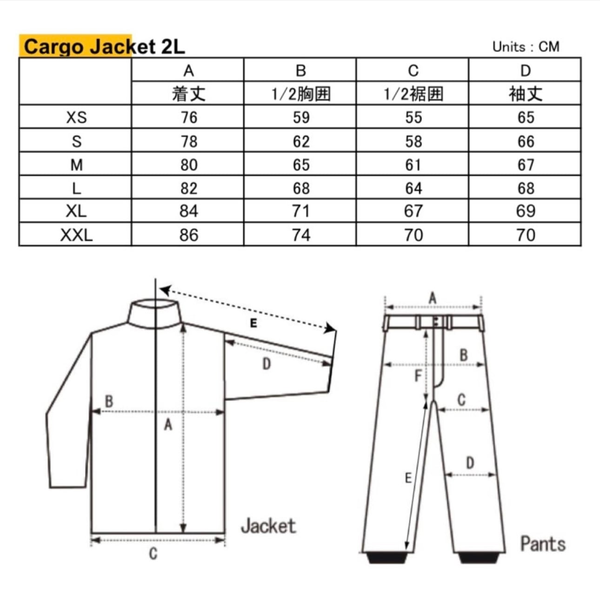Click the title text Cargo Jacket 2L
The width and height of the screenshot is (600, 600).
point(105,47)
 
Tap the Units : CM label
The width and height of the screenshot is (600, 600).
point(526,47)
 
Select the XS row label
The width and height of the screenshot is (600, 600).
point(76,117)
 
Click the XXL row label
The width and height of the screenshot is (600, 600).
point(76,235)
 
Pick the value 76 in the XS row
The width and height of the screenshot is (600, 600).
point(189,117)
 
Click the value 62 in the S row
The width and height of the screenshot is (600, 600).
point(301,141)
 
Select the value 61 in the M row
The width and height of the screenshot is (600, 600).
point(413,165)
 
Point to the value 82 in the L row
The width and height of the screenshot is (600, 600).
point(189,188)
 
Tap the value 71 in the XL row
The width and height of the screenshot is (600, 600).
point(301,211)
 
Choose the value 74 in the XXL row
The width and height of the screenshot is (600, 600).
point(301,235)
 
